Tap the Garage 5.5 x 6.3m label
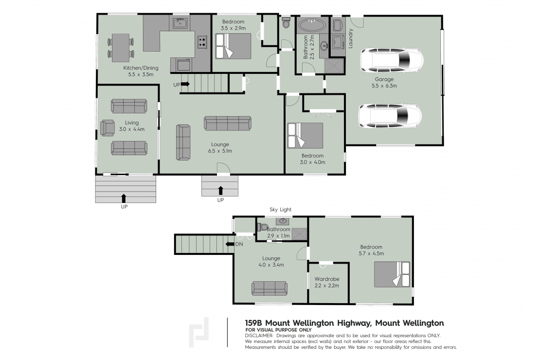[x=384, y=82]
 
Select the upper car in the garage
[x=391, y=62]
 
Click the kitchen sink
[x=180, y=22]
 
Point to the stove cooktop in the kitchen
[x=202, y=42]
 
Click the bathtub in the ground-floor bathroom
[x=313, y=25]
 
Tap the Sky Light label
[x=281, y=210]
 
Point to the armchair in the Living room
[x=107, y=127]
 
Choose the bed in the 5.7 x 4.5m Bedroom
[x=392, y=274]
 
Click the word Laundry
[x=351, y=39]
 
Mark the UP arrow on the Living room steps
[x=124, y=198]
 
